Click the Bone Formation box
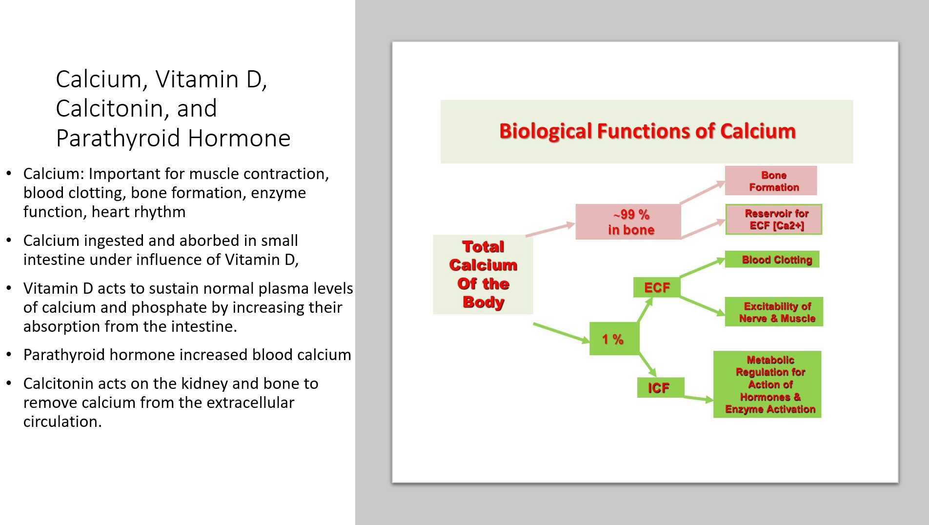(x=770, y=181)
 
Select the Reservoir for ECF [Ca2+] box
(x=773, y=220)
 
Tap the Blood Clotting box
(x=772, y=260)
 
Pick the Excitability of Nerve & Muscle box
(x=774, y=312)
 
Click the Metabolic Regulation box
(x=767, y=384)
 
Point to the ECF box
(x=656, y=287)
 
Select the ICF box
(x=660, y=388)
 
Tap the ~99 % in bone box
(x=628, y=222)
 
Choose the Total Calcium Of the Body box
(x=483, y=274)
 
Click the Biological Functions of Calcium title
(x=646, y=131)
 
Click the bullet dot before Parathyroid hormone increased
(x=9, y=355)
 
